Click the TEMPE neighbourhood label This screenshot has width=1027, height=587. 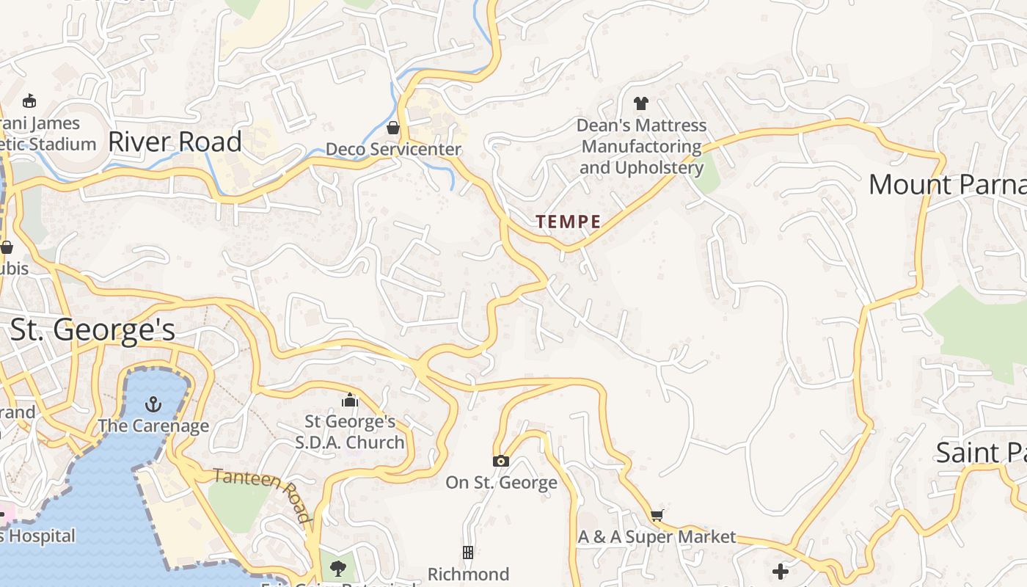[x=569, y=222]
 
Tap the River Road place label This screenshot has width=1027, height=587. [x=175, y=142]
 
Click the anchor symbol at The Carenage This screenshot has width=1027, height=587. [x=153, y=404]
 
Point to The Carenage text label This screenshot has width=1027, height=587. [x=153, y=426]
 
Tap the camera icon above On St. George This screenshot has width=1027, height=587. [x=501, y=461]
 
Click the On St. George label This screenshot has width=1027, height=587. [x=501, y=482]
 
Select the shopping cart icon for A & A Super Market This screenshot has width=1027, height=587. [x=657, y=515]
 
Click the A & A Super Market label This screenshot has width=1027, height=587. [x=657, y=536]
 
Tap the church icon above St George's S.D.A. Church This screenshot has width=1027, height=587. [x=350, y=400]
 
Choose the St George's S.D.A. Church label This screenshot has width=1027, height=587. [x=350, y=432]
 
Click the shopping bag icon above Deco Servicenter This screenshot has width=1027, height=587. [x=393, y=128]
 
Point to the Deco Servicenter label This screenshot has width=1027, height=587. [x=393, y=149]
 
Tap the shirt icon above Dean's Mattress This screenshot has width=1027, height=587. [x=641, y=103]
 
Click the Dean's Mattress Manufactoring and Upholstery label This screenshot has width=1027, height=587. [x=641, y=147]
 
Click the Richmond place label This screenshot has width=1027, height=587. [x=468, y=573]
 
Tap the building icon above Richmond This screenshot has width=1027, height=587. [x=468, y=552]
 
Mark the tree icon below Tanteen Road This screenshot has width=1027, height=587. [x=337, y=568]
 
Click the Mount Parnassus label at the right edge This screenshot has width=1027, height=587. [x=947, y=184]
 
